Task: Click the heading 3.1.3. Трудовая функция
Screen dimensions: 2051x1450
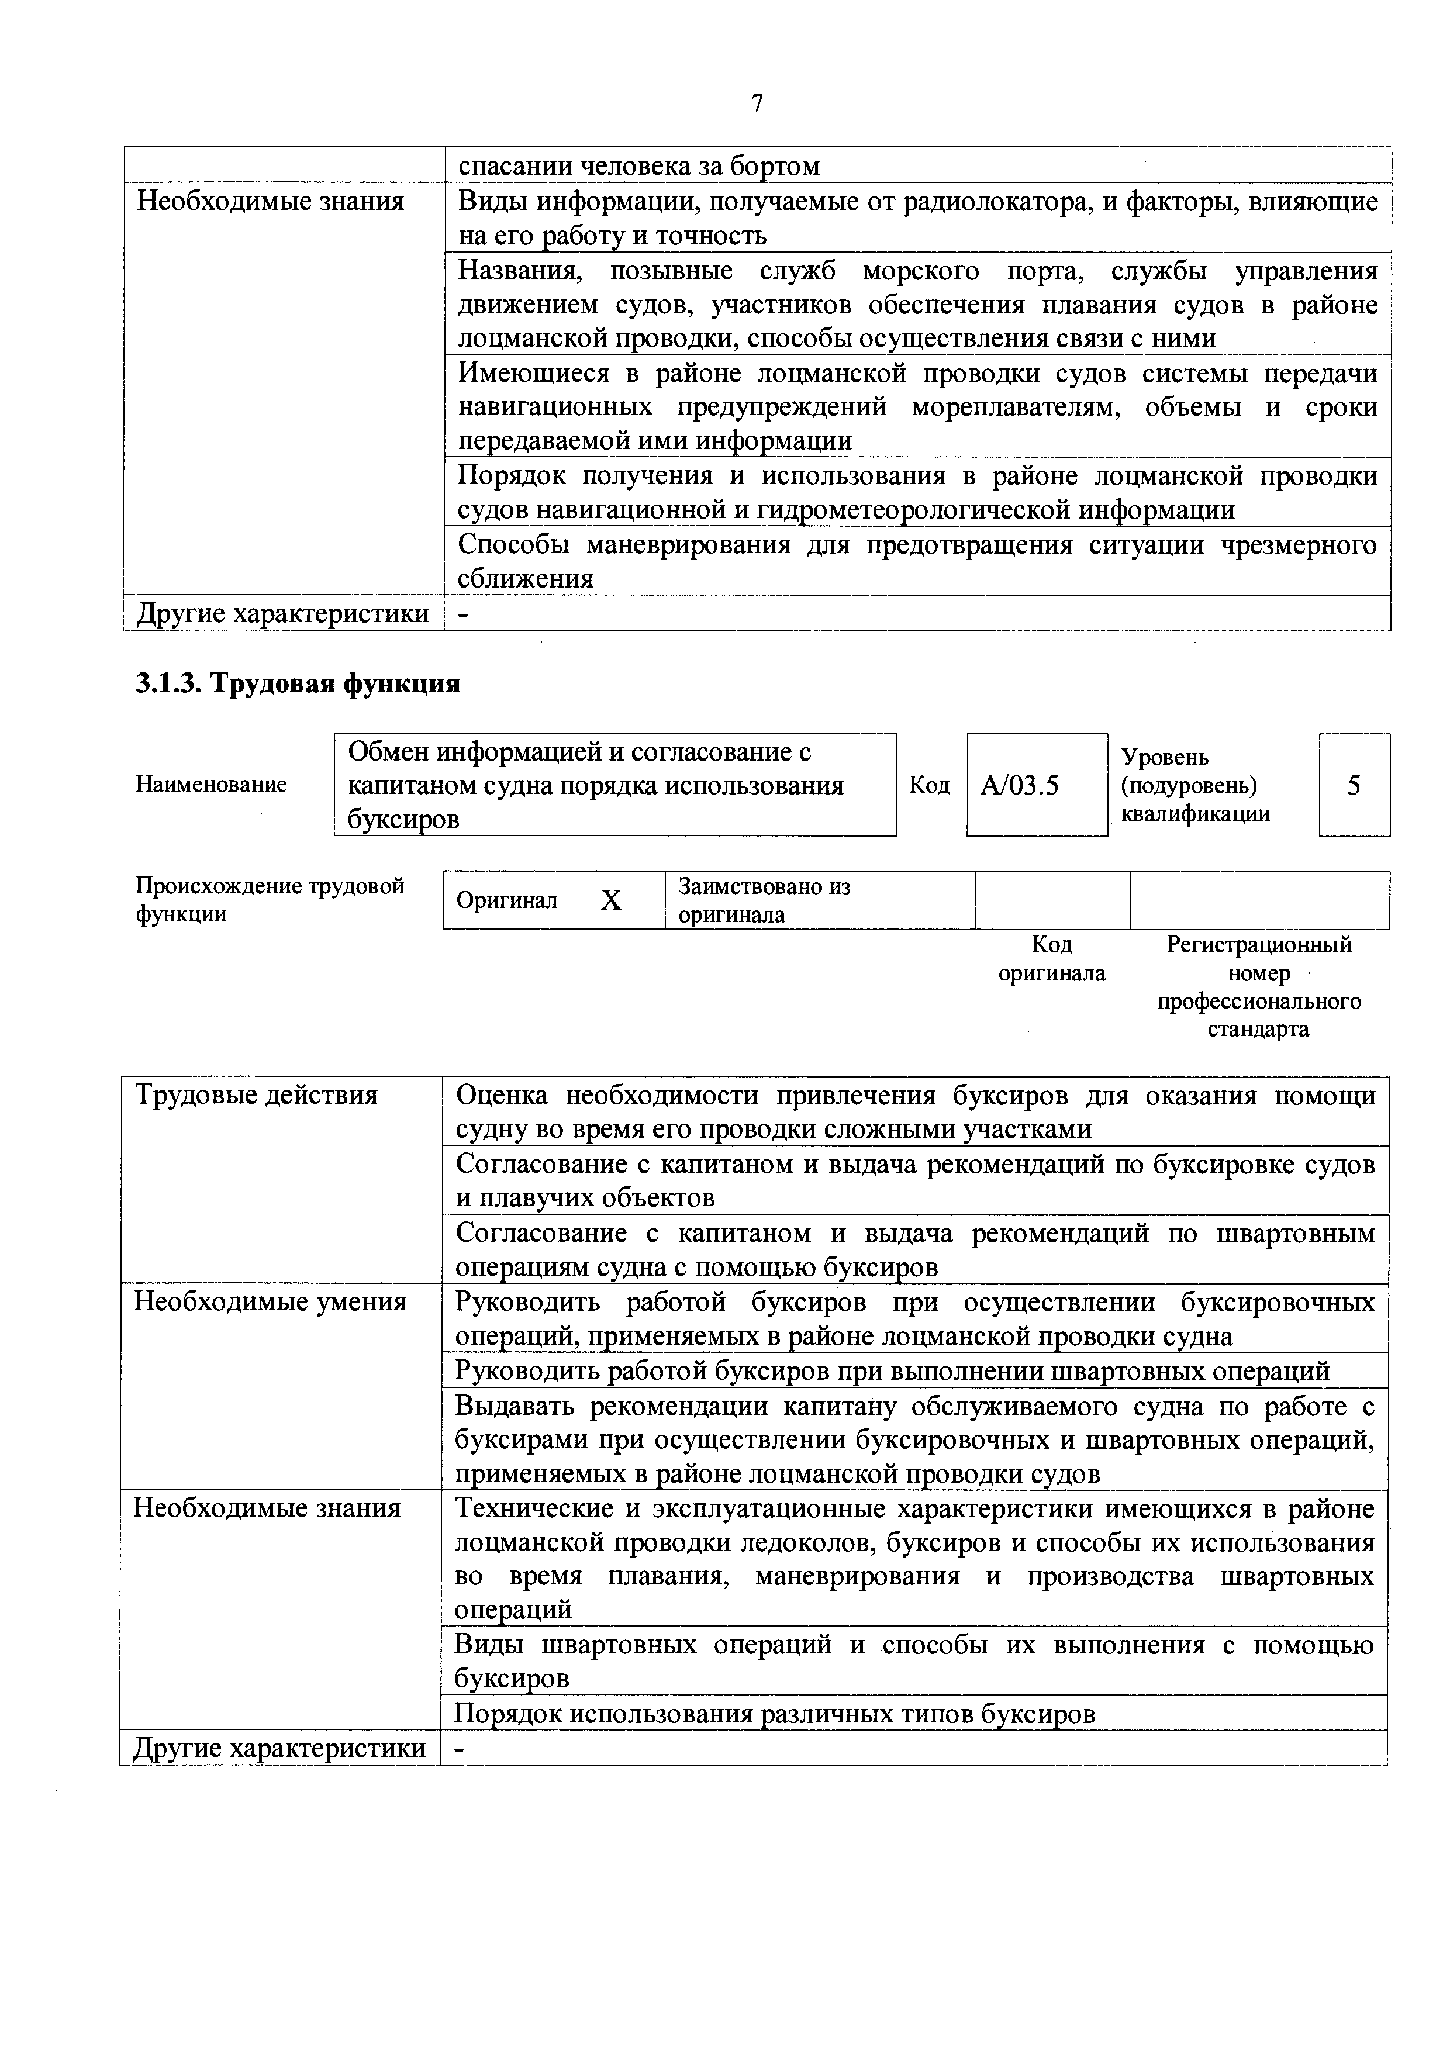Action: (x=298, y=684)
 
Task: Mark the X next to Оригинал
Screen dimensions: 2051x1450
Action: (x=610, y=900)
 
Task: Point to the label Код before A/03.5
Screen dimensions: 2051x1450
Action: (x=929, y=785)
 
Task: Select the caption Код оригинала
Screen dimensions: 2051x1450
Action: (x=1051, y=958)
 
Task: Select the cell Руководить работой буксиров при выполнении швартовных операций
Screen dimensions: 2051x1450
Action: (x=893, y=1370)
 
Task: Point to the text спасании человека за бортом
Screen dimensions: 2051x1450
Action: (x=639, y=166)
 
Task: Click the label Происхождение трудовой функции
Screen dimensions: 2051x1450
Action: (x=269, y=900)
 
